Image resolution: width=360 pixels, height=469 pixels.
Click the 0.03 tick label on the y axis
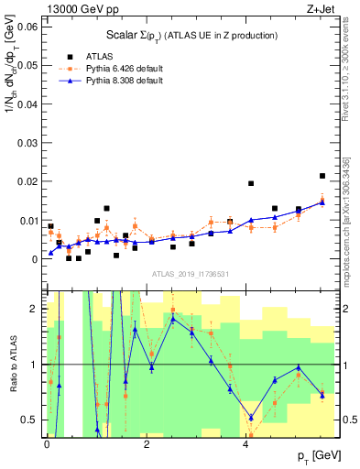(x=27, y=143)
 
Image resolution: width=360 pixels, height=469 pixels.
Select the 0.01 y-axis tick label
(x=27, y=221)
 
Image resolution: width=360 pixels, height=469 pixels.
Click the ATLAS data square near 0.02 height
(x=251, y=183)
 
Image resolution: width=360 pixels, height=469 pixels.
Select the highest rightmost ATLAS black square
(x=322, y=176)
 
